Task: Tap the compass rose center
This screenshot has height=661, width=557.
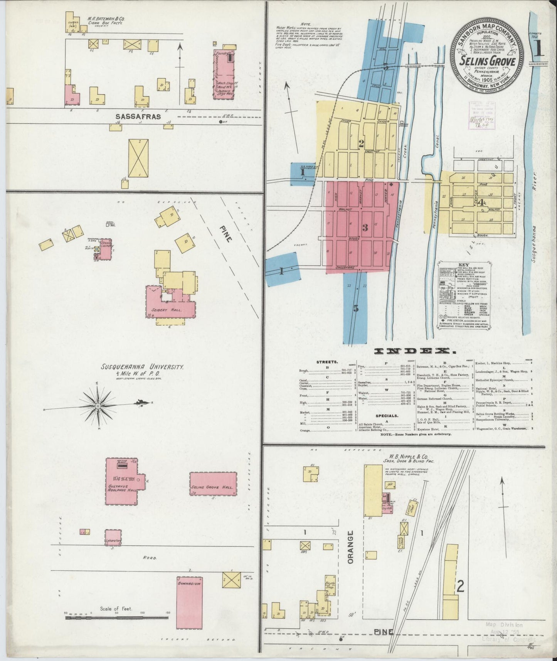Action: [98, 406]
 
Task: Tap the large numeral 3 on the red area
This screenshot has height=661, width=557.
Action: [364, 228]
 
